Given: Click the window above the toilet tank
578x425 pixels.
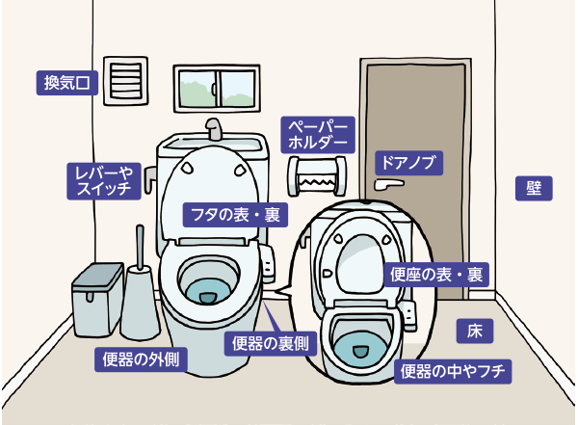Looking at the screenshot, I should point(216,89).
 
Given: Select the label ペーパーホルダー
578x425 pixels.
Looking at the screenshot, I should point(318,134).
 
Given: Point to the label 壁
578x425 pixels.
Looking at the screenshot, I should point(533,187).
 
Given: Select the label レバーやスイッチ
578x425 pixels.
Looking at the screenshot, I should point(103,180).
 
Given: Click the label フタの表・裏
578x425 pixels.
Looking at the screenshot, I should point(235,215).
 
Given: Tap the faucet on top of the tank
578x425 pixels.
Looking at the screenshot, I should point(215,130).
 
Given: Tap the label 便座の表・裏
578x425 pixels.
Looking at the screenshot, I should point(435,275).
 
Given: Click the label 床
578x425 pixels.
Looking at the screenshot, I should point(474,332).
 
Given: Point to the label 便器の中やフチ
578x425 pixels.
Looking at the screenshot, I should point(453,370).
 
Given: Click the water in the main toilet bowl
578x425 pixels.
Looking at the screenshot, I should point(209,288).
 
